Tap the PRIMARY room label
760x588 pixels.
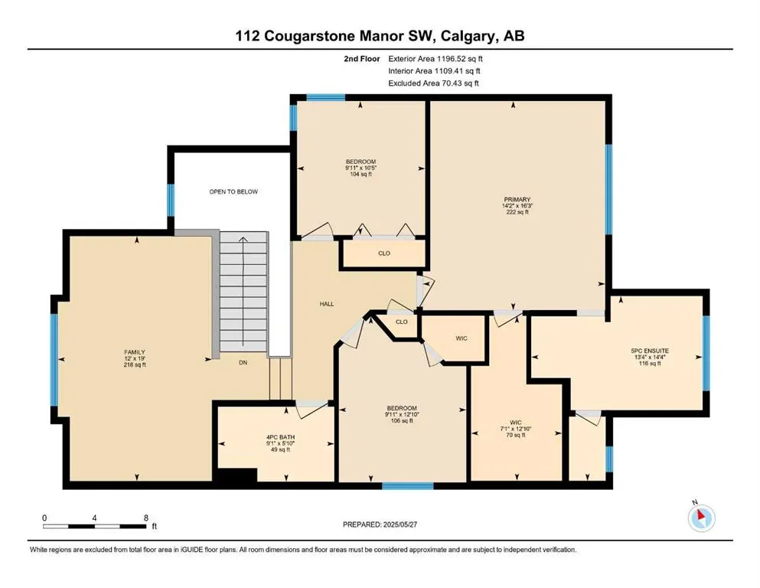(x=517, y=199)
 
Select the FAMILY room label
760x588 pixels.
(x=135, y=352)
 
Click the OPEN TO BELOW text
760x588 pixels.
(x=233, y=191)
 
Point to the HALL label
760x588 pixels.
(x=327, y=304)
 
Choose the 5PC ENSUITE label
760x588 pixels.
(x=650, y=351)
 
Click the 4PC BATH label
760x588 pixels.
(x=281, y=437)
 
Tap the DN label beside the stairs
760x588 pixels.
(x=243, y=363)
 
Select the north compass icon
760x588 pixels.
(x=701, y=518)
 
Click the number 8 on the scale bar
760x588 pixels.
(x=146, y=518)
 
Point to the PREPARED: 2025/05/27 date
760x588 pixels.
(x=380, y=524)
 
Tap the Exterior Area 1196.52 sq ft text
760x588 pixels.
(x=435, y=59)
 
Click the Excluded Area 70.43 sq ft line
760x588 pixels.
(x=433, y=83)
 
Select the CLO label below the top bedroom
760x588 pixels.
(x=384, y=253)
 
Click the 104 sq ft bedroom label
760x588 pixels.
(x=360, y=174)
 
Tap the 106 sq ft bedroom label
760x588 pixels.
(x=402, y=421)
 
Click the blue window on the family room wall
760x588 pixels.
(x=54, y=359)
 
